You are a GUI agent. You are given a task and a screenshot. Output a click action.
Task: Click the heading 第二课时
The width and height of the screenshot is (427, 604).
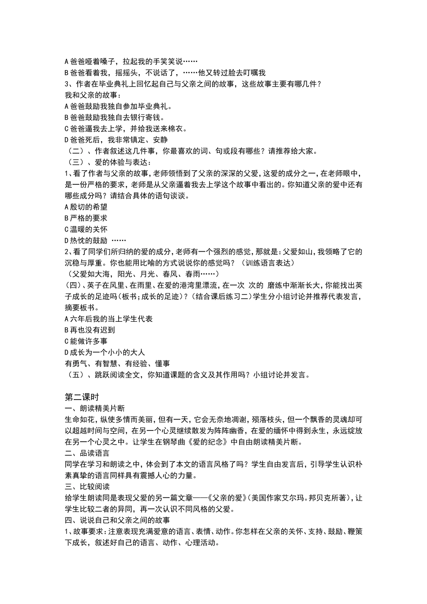point(82,397)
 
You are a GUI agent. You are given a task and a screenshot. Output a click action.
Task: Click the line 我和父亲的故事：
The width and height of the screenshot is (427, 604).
point(93,95)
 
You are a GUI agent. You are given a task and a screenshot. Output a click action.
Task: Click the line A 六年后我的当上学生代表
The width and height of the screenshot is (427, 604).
point(109,319)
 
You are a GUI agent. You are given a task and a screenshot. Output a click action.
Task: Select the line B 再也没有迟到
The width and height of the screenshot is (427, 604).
point(90,330)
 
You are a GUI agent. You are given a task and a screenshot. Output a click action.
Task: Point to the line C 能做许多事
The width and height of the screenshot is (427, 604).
point(86,341)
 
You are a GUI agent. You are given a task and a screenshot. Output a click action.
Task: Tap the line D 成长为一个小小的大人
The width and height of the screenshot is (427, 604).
point(105,352)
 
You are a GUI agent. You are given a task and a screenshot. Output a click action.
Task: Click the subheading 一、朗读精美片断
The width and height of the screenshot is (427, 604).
point(95,408)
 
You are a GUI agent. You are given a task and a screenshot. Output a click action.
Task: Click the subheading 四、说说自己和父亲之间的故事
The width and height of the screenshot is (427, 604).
point(117,520)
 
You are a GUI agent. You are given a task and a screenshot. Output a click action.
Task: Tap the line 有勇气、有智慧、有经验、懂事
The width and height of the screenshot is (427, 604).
point(117,364)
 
